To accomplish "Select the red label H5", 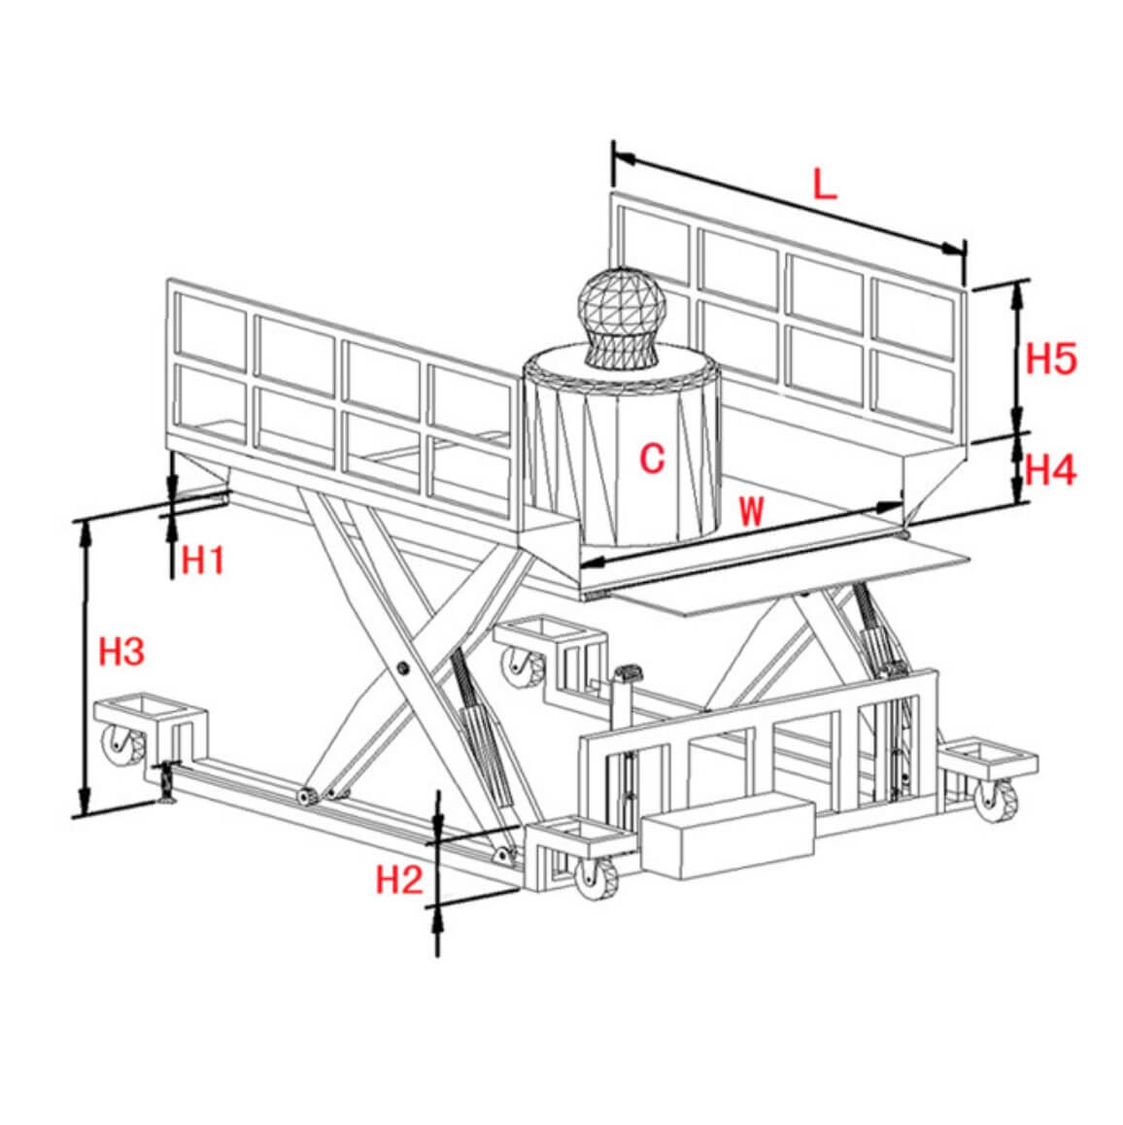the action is click(x=1050, y=358).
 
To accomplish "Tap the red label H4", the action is click(x=1050, y=470).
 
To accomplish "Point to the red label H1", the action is click(x=202, y=560).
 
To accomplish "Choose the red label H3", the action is click(x=121, y=652).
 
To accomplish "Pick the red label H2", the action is click(x=399, y=879).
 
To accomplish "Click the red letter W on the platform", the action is click(x=751, y=511).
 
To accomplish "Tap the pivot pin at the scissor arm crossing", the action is click(x=402, y=668).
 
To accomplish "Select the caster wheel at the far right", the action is click(x=995, y=801).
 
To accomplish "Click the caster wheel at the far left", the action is click(x=122, y=745).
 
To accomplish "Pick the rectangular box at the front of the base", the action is click(x=729, y=838).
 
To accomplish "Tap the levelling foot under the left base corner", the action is click(x=166, y=784).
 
